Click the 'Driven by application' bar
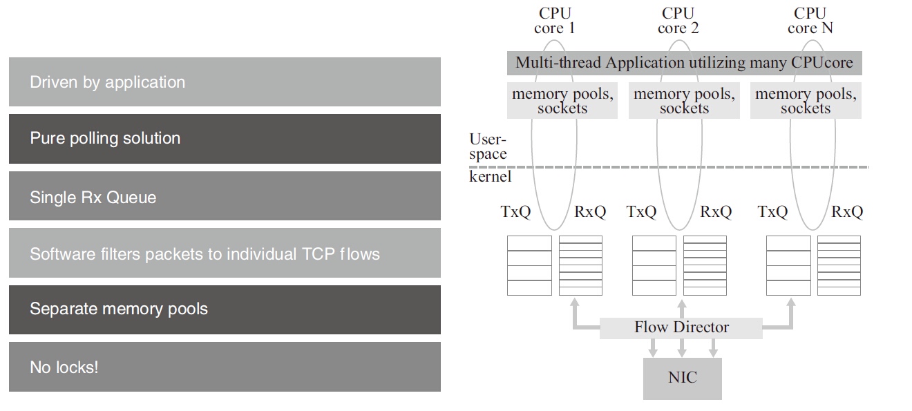[225, 82]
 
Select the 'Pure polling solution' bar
[225, 139]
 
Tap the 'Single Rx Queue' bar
[225, 196]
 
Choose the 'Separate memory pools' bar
[225, 309]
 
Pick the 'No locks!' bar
[225, 367]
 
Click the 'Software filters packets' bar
[225, 253]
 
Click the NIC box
[682, 378]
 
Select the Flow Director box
[681, 327]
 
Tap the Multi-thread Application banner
[684, 63]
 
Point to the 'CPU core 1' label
[555, 21]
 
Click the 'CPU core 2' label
[678, 21]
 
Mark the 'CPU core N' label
[810, 21]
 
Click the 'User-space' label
[488, 147]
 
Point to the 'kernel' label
[491, 177]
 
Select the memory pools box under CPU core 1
[562, 101]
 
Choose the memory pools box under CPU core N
[806, 101]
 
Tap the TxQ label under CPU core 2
[641, 212]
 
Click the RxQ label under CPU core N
[847, 212]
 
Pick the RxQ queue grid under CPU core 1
[580, 265]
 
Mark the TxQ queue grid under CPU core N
[789, 265]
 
